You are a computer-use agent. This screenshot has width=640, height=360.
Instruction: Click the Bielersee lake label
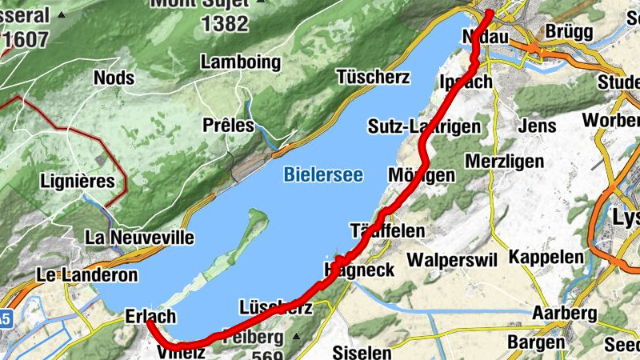click(x=322, y=174)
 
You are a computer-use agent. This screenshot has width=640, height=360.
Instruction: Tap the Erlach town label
click(x=150, y=317)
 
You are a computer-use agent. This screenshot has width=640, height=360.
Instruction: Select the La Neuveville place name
click(x=140, y=238)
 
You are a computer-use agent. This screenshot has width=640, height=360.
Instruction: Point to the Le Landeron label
click(x=87, y=275)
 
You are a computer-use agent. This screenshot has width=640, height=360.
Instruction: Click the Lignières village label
click(x=77, y=181)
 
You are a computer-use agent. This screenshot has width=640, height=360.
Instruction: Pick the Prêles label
click(x=228, y=126)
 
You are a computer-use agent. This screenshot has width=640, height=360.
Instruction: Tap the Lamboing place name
click(x=241, y=62)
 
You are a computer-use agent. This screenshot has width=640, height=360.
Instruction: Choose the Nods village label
click(x=114, y=78)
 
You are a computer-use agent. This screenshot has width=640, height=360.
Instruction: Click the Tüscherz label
click(x=373, y=78)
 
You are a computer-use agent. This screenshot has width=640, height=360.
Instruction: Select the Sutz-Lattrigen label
click(x=424, y=126)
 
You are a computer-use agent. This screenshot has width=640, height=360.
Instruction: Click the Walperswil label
click(x=452, y=260)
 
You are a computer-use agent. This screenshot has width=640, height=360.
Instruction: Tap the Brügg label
click(x=568, y=31)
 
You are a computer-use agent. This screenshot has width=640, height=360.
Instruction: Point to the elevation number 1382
click(x=225, y=24)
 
